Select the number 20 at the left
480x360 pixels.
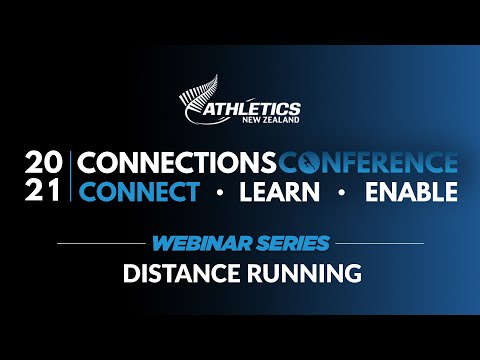[45, 162]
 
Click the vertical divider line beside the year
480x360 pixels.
[71, 176]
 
